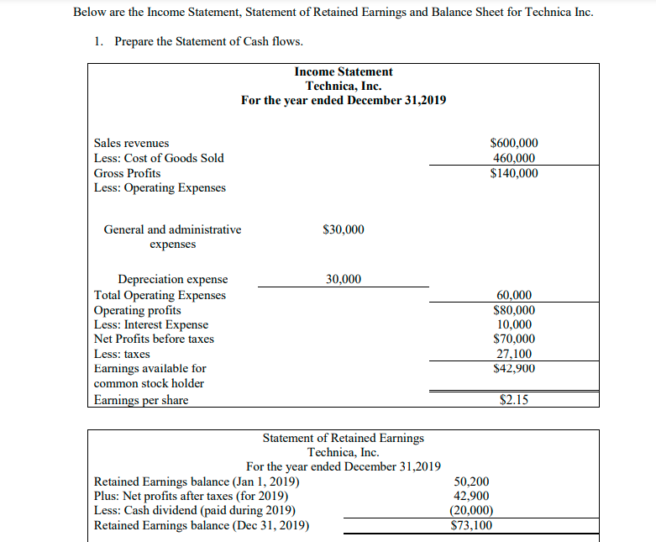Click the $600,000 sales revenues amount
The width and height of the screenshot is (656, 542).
(513, 144)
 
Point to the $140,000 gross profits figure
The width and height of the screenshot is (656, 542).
(513, 173)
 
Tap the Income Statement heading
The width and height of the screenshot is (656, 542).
(344, 71)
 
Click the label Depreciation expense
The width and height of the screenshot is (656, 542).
(172, 280)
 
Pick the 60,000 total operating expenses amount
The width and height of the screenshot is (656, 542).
(515, 295)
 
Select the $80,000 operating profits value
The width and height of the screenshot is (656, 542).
(513, 310)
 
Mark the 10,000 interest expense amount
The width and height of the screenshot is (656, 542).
(515, 324)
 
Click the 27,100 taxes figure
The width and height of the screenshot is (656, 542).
(515, 354)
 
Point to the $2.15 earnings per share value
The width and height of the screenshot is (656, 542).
(514, 400)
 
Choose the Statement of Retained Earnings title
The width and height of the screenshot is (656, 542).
(343, 438)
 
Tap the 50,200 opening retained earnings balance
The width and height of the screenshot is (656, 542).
(471, 481)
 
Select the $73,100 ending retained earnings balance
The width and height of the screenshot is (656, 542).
(471, 526)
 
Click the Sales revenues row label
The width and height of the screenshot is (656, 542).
(131, 144)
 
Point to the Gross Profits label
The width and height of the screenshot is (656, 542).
(127, 173)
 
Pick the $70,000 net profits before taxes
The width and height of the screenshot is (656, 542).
(513, 339)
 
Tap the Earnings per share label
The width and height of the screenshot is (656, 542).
(141, 400)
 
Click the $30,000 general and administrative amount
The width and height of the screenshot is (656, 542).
(343, 229)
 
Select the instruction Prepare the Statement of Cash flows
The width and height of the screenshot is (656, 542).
(208, 41)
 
